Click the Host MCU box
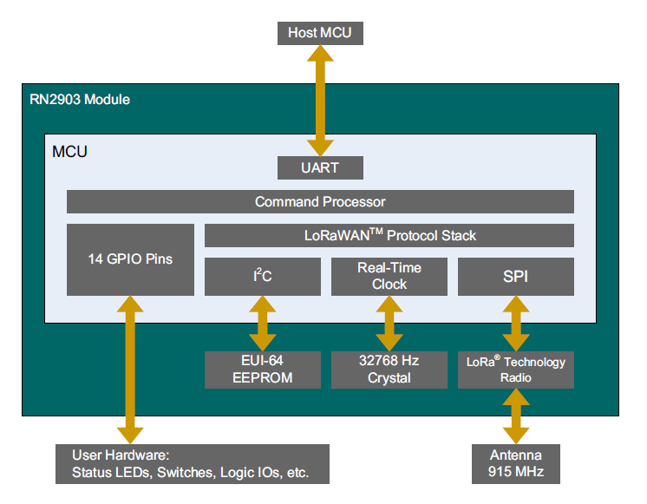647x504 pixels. click(319, 33)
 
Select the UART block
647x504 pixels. click(319, 167)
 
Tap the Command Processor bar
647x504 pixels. click(320, 201)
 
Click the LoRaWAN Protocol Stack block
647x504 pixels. click(389, 235)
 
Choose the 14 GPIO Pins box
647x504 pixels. click(129, 259)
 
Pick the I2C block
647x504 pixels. click(261, 277)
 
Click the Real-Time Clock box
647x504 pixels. click(389, 277)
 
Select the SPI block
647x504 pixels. click(516, 277)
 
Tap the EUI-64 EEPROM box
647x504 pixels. click(261, 370)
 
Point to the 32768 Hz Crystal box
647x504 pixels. click(389, 370)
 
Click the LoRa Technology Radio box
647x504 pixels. click(516, 370)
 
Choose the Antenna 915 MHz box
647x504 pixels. click(516, 463)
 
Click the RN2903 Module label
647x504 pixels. click(79, 100)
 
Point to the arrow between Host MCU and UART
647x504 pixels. click(319, 100)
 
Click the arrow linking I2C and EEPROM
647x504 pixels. click(261, 323)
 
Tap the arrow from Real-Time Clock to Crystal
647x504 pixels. click(389, 323)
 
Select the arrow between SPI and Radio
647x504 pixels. click(516, 323)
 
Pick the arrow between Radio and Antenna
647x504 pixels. click(516, 416)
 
